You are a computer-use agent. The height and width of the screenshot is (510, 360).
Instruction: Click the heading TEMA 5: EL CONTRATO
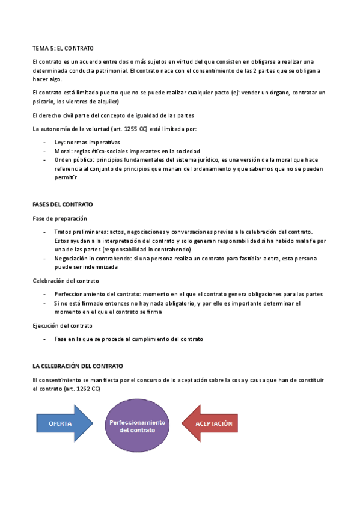67,48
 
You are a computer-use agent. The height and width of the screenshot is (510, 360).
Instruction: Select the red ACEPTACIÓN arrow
210,423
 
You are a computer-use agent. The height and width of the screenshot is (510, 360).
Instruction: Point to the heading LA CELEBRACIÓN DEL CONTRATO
78,366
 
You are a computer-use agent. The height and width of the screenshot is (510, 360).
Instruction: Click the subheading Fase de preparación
59,218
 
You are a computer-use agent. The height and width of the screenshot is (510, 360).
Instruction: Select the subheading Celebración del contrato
66,280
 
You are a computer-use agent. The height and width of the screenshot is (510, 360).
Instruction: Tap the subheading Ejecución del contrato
63,325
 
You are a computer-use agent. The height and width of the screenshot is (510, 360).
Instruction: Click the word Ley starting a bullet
59,142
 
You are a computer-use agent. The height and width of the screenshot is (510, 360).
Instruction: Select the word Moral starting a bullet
63,151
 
